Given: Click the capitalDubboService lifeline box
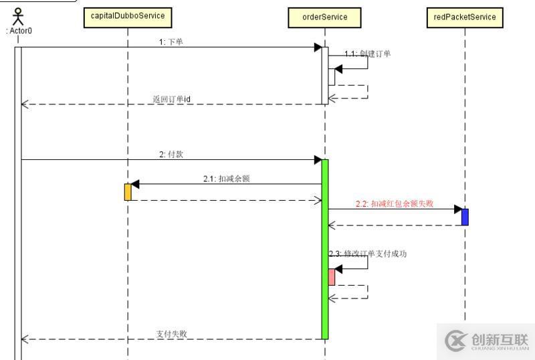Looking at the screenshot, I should pos(127,17).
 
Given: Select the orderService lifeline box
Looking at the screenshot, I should pos(325,17).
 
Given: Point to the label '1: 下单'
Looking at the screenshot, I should pos(171,41).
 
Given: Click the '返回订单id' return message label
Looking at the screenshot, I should pos(171,99).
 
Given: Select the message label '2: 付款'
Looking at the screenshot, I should pos(171,154).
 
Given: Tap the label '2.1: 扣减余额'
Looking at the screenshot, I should pos(227,179).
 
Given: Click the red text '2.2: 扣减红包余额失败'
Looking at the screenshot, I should pos(395,203).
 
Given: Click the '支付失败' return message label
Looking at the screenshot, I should pos(171,333).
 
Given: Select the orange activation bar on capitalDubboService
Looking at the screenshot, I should pos(128,191).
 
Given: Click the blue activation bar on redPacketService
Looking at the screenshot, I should pos(465,217).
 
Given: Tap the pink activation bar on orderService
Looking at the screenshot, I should pos(331,276).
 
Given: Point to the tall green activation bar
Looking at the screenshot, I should pos(325,248).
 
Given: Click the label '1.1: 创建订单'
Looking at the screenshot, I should pos(367,54).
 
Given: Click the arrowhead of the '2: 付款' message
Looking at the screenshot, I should pos(318,159).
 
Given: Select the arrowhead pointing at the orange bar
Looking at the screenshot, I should pos(135,183).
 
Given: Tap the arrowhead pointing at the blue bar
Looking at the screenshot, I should pos(457,209).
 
